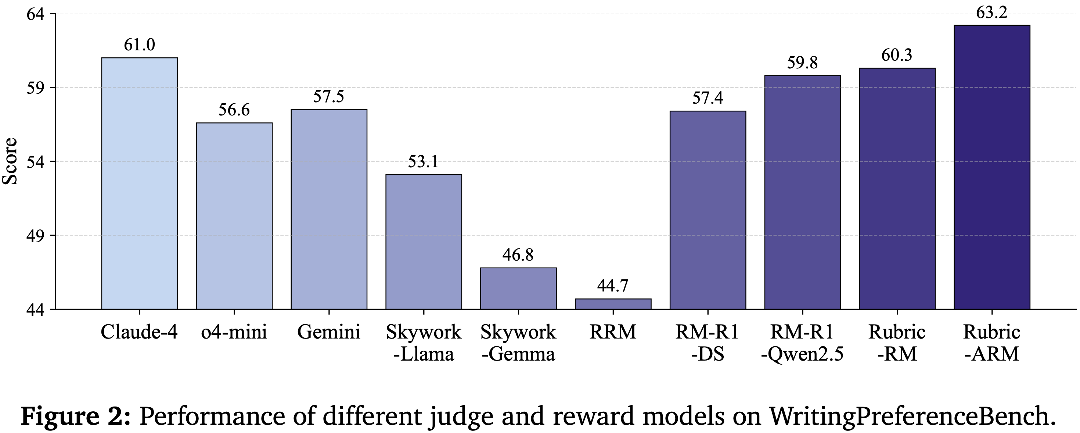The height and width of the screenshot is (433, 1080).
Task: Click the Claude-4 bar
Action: (139, 183)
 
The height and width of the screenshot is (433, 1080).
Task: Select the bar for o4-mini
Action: (234, 216)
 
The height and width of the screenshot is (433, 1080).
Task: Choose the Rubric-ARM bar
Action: (991, 167)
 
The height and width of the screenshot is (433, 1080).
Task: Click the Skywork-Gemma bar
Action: (518, 288)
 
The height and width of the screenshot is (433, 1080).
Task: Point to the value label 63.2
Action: (991, 13)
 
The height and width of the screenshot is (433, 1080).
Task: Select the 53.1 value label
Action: (424, 161)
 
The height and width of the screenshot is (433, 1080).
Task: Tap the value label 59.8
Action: (802, 62)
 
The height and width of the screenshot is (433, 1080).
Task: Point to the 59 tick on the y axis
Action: (36, 88)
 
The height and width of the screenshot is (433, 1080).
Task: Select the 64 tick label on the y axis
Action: (36, 14)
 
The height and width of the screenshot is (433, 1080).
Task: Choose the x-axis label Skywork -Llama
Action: (424, 343)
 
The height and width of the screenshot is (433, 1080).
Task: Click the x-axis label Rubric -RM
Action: (897, 343)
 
